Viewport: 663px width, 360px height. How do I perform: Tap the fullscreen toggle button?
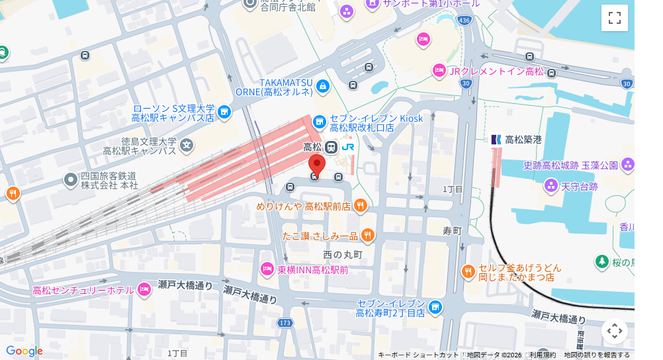614,18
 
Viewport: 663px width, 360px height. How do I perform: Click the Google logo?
24,351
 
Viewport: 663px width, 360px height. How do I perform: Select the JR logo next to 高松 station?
348,147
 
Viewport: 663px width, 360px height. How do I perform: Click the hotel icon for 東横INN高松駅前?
267,269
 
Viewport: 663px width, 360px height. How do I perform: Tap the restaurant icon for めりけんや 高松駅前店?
361,205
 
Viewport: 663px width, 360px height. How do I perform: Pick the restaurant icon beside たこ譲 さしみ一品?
368,235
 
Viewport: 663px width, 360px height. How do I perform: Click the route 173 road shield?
285,322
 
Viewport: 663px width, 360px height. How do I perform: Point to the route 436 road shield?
464,21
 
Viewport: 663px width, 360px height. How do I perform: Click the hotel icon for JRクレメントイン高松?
439,70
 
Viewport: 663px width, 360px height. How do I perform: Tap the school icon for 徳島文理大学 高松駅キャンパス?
187,144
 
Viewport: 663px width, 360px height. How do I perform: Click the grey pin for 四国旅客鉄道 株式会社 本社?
71,179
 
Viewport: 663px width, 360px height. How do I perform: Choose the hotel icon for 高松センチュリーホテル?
145,289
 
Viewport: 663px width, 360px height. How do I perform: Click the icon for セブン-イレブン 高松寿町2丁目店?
435,306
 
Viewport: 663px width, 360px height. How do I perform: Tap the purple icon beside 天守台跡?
551,187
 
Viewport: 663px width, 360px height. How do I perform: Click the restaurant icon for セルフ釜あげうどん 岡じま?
468,271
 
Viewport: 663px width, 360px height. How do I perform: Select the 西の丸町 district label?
343,254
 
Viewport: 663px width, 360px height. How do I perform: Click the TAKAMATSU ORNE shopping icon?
322,85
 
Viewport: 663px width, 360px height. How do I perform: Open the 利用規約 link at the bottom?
543,355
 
